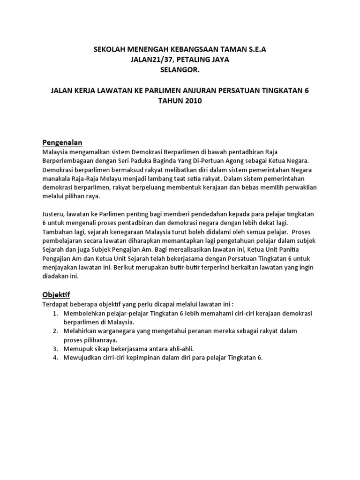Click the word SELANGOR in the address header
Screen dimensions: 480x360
coord(180,69)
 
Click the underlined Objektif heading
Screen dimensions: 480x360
coord(56,294)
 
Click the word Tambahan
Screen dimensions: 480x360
coord(58,232)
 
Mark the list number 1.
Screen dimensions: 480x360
coord(54,313)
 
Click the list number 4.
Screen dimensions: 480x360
coord(54,358)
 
